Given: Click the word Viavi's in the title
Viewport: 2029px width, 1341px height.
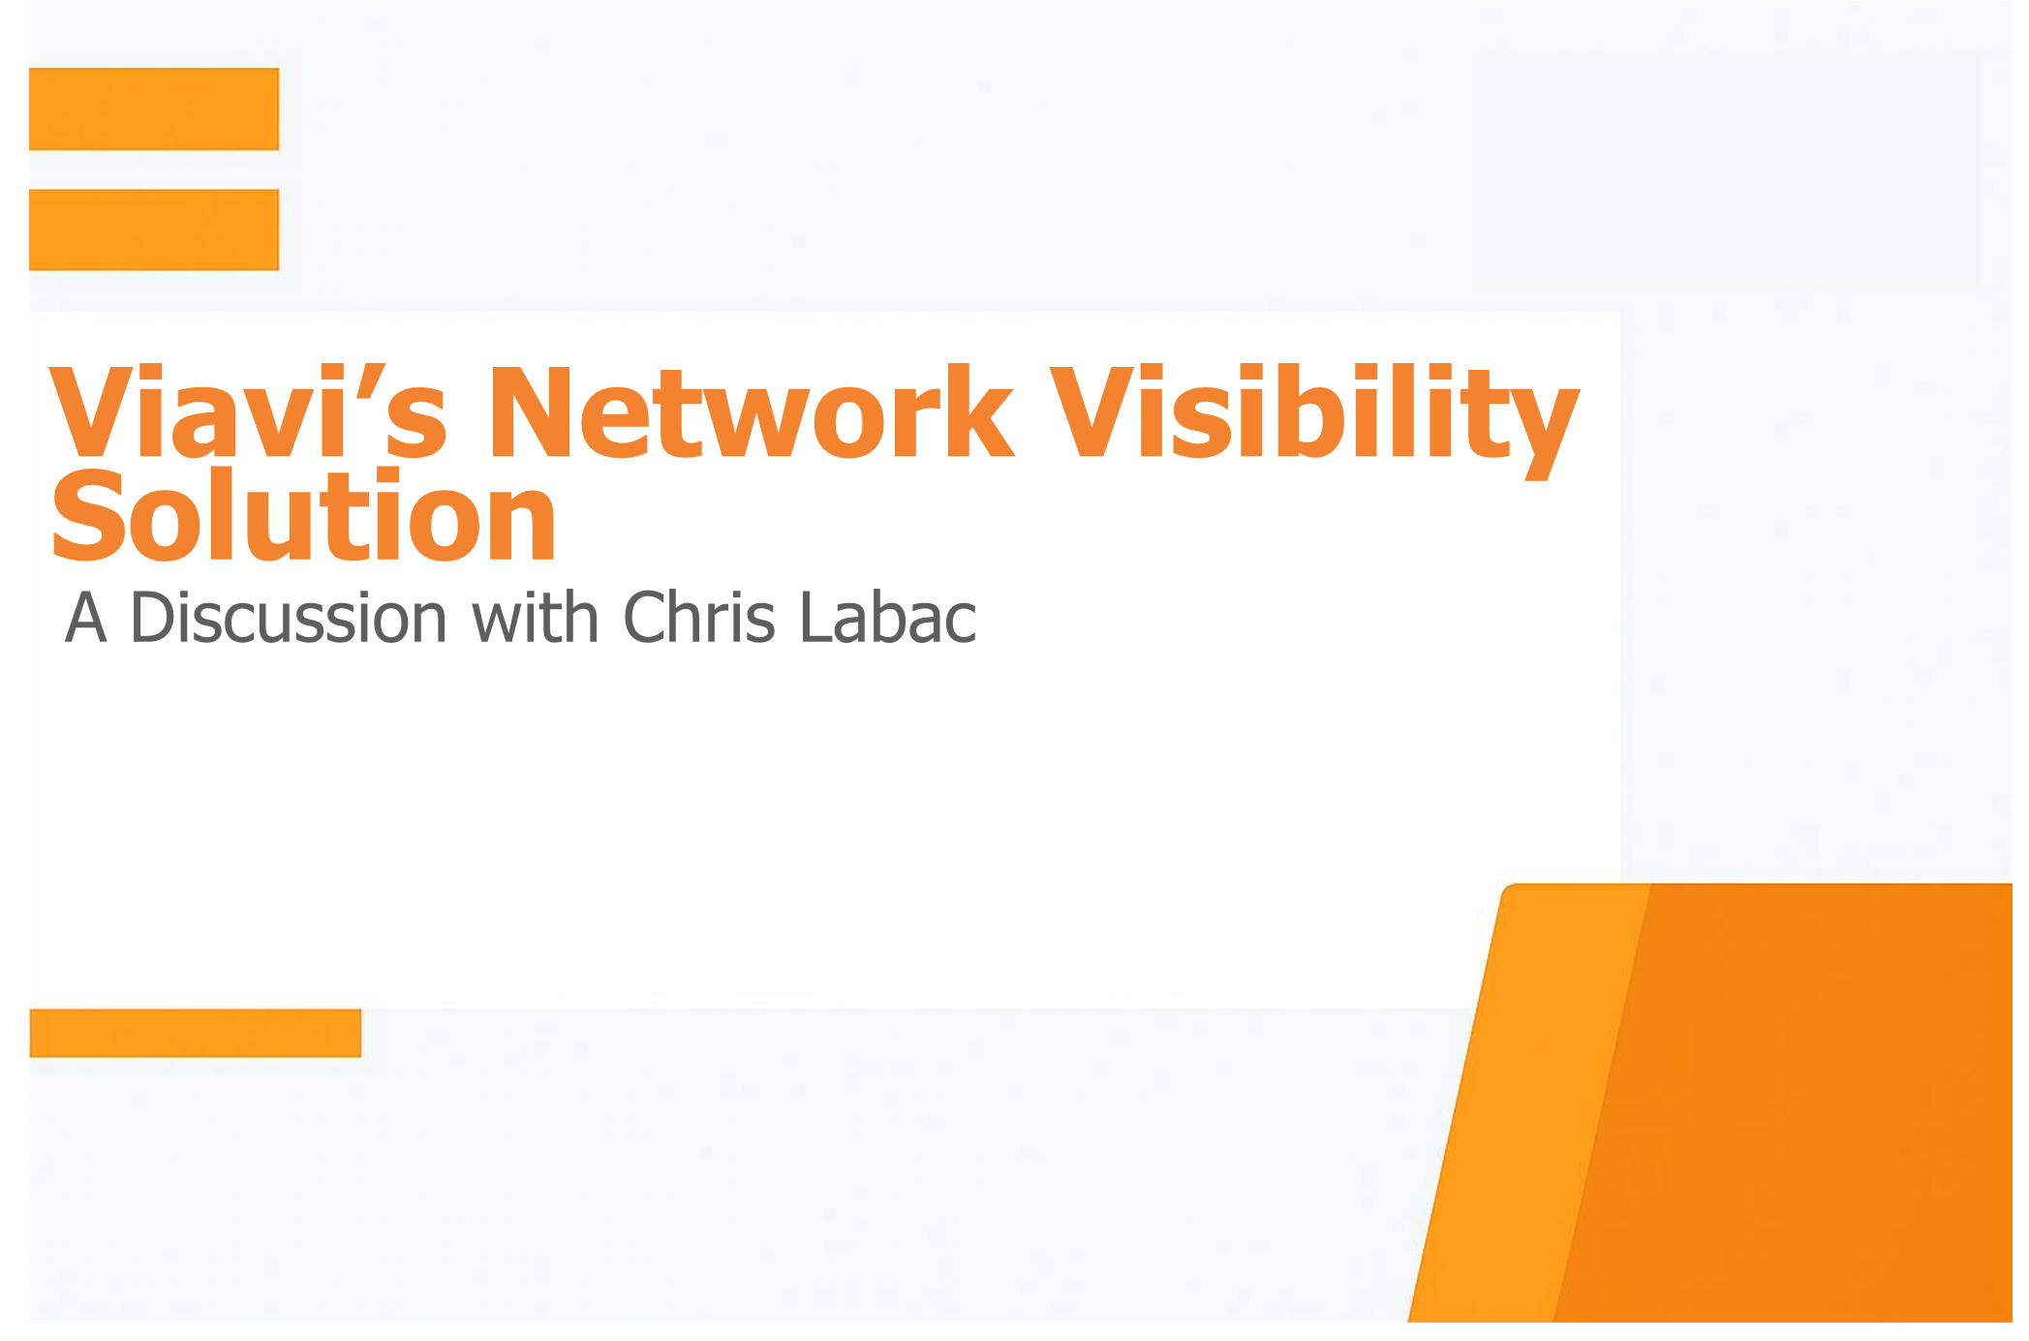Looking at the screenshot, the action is [248, 411].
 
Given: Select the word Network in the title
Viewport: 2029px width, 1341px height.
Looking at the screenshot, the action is [752, 411].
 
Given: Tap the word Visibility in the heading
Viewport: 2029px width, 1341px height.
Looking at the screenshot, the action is [1314, 420].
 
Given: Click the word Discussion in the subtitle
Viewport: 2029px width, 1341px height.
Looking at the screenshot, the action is [288, 617].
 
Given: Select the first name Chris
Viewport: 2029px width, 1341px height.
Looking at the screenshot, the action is [699, 617].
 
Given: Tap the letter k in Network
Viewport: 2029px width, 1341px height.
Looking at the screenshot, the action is [976, 411].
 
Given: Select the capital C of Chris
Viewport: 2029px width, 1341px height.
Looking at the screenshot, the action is [647, 617].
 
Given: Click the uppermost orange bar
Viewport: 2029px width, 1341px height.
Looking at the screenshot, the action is [154, 108].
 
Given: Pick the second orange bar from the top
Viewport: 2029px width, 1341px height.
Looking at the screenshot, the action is [154, 229].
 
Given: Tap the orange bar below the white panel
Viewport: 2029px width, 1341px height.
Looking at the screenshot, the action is [196, 1033].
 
